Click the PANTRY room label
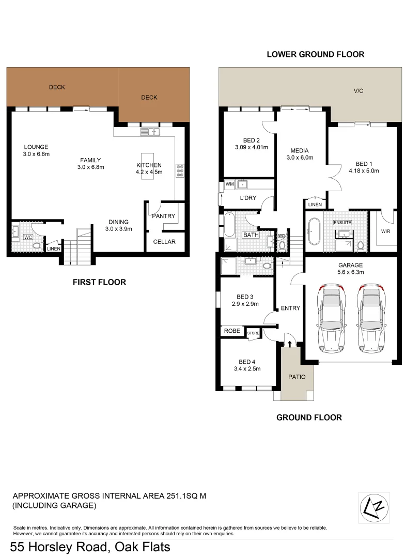click(x=164, y=216)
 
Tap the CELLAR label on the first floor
click(x=164, y=242)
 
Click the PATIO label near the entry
click(x=297, y=377)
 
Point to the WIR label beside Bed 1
click(x=386, y=231)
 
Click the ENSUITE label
click(x=342, y=222)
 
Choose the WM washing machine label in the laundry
click(x=229, y=184)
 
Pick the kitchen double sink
click(x=149, y=132)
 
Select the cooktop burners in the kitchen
click(x=181, y=171)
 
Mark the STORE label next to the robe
click(x=253, y=333)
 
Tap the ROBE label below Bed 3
click(x=232, y=330)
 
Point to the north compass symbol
click(x=374, y=508)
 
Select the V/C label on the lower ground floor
click(x=359, y=91)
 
